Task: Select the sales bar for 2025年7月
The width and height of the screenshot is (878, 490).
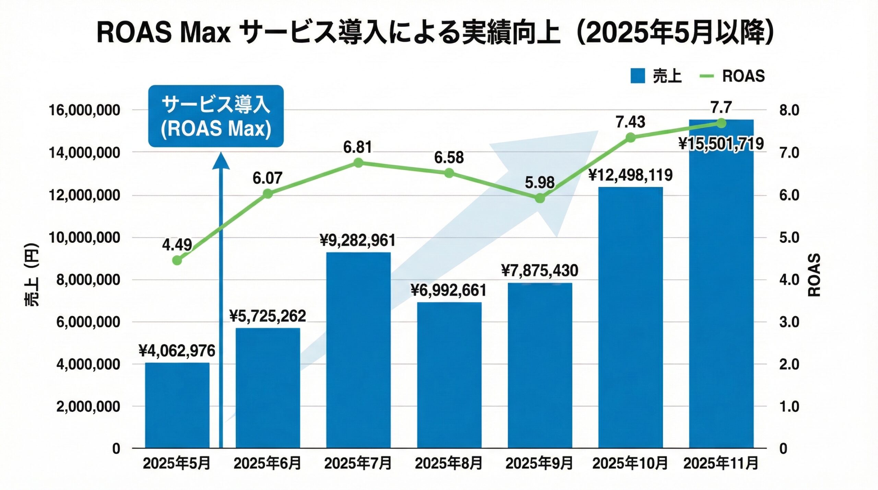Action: pos(358,350)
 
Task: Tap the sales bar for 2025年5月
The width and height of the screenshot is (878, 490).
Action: pos(177,405)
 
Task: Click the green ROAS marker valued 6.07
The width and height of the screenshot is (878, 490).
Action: pos(268,194)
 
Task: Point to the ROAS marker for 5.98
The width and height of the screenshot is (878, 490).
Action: pos(540,198)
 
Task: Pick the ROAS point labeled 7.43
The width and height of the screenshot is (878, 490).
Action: pos(630,138)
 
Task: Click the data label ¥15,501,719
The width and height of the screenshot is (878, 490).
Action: pos(721,144)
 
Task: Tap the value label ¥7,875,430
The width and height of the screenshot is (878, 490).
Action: pos(540,271)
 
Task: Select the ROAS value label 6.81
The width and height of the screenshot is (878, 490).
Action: pos(358,147)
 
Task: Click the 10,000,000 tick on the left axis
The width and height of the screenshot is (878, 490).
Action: pos(84,237)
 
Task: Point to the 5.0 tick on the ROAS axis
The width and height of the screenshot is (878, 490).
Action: pos(789,237)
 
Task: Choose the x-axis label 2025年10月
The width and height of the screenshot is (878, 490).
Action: pos(630,463)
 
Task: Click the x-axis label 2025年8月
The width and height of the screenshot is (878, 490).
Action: pos(449,463)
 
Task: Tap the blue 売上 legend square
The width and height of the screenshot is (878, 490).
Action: pos(638,76)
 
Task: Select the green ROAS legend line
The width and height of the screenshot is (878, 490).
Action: pos(706,76)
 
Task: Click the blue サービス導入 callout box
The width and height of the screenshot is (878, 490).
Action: pos(216,116)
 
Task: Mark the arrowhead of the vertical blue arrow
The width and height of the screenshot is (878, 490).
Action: pos(221,161)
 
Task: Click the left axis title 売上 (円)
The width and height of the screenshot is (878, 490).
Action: pos(32,274)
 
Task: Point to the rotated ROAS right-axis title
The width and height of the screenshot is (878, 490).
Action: pos(814,275)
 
